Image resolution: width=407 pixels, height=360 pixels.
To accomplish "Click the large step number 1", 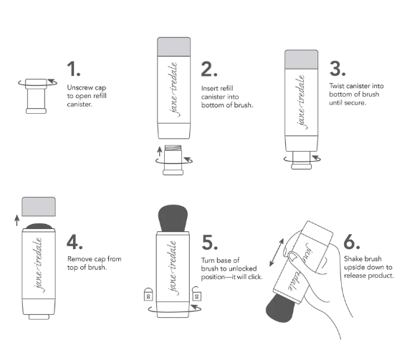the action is (x=74, y=69).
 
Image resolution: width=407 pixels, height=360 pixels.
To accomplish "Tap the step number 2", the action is (x=209, y=69).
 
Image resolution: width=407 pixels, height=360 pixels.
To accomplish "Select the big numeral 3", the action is (x=337, y=69).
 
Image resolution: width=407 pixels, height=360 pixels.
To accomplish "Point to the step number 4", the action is (x=75, y=242).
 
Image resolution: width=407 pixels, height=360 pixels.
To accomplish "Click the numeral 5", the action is (x=210, y=243).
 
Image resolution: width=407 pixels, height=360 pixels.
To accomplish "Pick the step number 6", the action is (x=352, y=242).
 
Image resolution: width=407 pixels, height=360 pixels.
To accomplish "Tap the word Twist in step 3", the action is (x=337, y=86).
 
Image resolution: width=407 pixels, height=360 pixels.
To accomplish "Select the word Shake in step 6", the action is (x=353, y=258).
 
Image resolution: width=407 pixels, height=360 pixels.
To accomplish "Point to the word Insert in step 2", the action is (x=210, y=88).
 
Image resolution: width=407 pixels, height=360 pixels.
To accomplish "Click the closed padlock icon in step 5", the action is (x=148, y=294).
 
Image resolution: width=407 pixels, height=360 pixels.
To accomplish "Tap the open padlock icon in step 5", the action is (x=196, y=294).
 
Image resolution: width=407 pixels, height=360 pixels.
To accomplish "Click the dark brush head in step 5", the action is (x=173, y=218).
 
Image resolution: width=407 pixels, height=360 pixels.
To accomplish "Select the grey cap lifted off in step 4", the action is (x=39, y=207).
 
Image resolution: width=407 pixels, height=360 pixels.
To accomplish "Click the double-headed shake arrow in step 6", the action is (x=277, y=253).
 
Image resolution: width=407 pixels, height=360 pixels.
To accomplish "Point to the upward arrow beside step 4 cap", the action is (x=17, y=220).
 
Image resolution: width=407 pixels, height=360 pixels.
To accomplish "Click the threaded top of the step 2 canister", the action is (x=173, y=148).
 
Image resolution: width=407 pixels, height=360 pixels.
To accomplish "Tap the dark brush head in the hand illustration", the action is (x=280, y=308).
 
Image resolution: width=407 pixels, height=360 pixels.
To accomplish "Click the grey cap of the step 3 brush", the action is (x=302, y=59).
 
